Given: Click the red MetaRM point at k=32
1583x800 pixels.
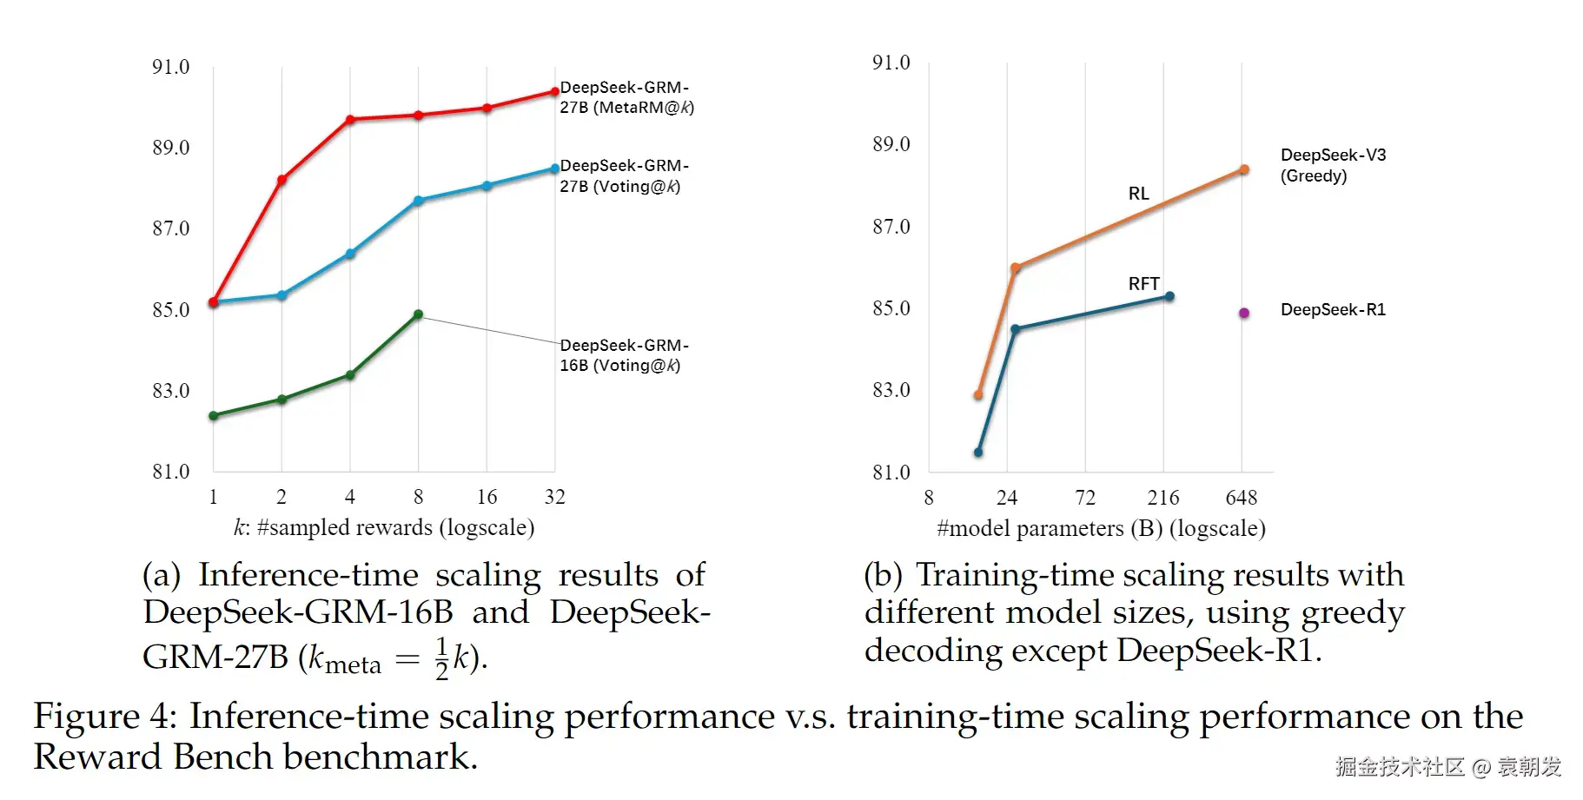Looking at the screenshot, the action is pyautogui.click(x=555, y=91).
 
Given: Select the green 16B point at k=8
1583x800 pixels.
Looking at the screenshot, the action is pyautogui.click(x=418, y=314).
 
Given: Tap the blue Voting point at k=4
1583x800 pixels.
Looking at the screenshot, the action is pyautogui.click(x=350, y=254).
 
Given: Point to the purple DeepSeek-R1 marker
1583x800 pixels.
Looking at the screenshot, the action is pyautogui.click(x=1244, y=313).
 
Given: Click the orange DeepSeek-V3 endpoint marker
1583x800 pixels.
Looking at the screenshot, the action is pyautogui.click(x=1244, y=169).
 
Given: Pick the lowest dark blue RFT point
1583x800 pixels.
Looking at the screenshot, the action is pyautogui.click(x=978, y=452).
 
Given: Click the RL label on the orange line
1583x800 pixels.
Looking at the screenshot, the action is pyautogui.click(x=1138, y=194).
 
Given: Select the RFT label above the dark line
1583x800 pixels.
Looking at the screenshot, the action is pyautogui.click(x=1143, y=284).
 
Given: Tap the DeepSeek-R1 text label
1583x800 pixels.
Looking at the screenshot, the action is pyautogui.click(x=1333, y=310).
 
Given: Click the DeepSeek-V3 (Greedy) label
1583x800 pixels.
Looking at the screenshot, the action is pyautogui.click(x=1333, y=165).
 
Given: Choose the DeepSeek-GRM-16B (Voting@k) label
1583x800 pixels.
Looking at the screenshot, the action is pyautogui.click(x=624, y=355).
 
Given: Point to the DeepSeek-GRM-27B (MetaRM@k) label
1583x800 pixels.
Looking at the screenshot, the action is pyautogui.click(x=626, y=97).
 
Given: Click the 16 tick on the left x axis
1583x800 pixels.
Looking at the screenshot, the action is pyautogui.click(x=487, y=497).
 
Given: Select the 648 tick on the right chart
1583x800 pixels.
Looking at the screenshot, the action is pyautogui.click(x=1241, y=498).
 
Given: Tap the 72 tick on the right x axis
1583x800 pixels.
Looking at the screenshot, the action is pyautogui.click(x=1085, y=498).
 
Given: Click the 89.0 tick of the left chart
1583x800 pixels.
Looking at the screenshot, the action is pyautogui.click(x=170, y=148).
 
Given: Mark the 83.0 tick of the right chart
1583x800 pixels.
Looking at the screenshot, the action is pyautogui.click(x=891, y=390).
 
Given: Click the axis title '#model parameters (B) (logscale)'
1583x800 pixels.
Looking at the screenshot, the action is pyautogui.click(x=1101, y=528).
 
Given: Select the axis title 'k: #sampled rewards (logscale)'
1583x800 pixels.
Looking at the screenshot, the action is pyautogui.click(x=384, y=527).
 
